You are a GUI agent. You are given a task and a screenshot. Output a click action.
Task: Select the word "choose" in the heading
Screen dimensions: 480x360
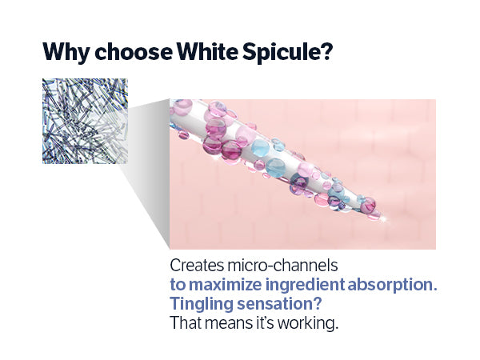click(x=134, y=51)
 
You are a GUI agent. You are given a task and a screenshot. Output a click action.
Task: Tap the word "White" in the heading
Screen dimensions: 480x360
click(x=207, y=51)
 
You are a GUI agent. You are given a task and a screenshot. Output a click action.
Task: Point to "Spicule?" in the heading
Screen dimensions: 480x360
click(x=288, y=52)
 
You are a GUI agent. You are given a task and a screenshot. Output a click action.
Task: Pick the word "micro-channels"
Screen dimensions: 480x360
click(x=282, y=266)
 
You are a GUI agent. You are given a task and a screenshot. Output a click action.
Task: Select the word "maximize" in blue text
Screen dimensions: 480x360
click(x=226, y=284)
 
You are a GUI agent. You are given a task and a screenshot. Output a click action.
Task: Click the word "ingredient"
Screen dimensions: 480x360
click(x=306, y=285)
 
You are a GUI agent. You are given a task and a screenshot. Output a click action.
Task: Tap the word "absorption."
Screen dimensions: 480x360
click(x=392, y=285)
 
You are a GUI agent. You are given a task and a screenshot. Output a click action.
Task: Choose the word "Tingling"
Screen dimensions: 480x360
click(x=202, y=304)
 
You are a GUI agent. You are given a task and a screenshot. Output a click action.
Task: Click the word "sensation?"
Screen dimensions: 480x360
click(x=279, y=304)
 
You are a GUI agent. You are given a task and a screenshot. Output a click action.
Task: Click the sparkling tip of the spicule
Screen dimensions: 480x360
click(x=384, y=218)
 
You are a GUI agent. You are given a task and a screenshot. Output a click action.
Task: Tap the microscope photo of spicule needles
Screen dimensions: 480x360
click(x=85, y=121)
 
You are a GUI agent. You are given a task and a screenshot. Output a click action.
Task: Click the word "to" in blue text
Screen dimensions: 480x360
click(x=178, y=285)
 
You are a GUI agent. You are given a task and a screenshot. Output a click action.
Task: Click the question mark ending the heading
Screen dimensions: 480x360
click(x=327, y=51)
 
